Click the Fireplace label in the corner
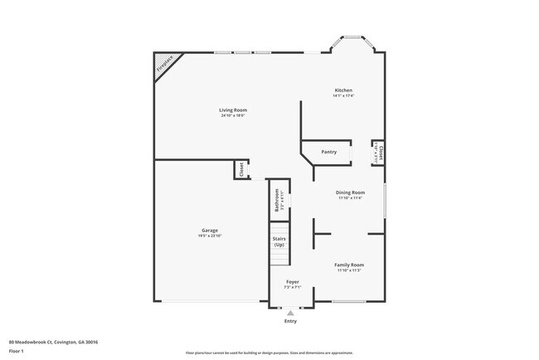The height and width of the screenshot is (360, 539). click(x=165, y=65)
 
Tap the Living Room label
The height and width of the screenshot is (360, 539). click(x=233, y=109)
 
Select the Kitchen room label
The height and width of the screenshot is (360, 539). click(x=343, y=90)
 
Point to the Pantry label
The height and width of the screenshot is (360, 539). click(x=328, y=152)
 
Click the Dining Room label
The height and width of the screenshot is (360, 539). click(x=350, y=192)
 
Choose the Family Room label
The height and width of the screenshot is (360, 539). click(x=349, y=265)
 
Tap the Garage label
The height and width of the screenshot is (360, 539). click(x=209, y=230)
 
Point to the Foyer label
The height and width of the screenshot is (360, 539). click(x=292, y=282)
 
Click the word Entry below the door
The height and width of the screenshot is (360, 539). click(x=290, y=321)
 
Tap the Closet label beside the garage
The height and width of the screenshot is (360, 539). click(x=241, y=169)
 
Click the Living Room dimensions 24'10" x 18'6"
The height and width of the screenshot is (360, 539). click(x=233, y=115)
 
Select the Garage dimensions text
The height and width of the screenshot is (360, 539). click(x=209, y=236)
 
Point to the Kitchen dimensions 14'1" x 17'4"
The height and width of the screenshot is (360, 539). click(x=343, y=95)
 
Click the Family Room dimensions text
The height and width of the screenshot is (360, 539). click(x=349, y=270)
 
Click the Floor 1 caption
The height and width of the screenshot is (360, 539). click(x=16, y=350)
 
